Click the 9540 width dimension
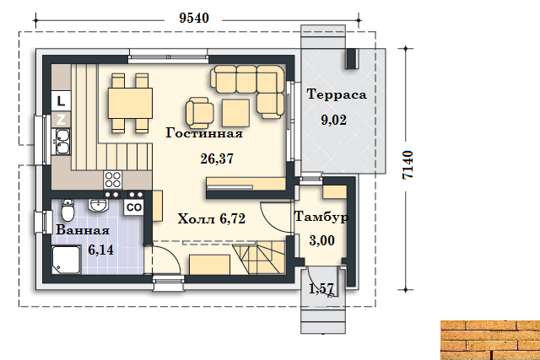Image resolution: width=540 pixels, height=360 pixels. (194, 18)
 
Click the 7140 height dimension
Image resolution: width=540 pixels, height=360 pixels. (408, 164)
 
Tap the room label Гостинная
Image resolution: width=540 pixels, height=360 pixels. (204, 133)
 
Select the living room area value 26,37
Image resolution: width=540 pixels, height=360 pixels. (217, 159)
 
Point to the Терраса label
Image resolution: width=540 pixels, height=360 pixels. (337, 94)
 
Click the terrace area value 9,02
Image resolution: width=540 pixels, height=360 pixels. (334, 120)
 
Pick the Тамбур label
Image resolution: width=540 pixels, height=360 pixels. (321, 217)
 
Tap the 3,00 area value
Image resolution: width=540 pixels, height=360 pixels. (322, 240)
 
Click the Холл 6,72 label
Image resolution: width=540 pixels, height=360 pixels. (212, 218)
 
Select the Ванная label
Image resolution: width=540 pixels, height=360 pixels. (83, 230)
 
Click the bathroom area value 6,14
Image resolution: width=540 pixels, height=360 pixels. (100, 250)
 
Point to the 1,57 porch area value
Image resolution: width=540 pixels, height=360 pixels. (321, 288)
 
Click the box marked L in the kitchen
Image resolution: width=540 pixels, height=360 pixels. (61, 101)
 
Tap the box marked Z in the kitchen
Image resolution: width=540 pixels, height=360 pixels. (61, 120)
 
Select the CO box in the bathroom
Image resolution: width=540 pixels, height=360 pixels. (134, 207)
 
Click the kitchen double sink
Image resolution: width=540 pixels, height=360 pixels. (62, 142)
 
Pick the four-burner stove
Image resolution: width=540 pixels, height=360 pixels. (112, 180)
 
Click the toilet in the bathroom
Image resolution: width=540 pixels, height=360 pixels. (67, 209)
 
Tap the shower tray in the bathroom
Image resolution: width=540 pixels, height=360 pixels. (67, 260)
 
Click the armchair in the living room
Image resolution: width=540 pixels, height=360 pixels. (199, 112)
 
